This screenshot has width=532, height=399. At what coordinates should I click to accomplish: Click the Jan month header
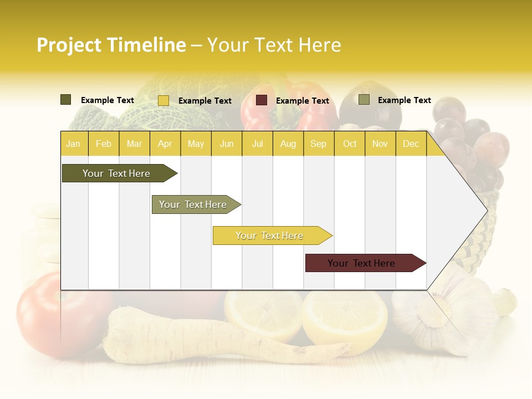click(74, 144)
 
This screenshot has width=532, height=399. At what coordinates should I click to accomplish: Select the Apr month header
click(165, 144)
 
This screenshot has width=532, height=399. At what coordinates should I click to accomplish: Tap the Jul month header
click(257, 144)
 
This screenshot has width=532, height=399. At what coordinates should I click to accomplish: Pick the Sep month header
click(318, 144)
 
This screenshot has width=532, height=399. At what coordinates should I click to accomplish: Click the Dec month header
click(411, 144)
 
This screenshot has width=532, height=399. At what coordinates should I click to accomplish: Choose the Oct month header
click(350, 144)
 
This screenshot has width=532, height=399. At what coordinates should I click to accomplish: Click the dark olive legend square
click(66, 100)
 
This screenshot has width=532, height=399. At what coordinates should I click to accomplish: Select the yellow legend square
click(163, 100)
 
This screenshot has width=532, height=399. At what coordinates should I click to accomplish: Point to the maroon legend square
click(262, 100)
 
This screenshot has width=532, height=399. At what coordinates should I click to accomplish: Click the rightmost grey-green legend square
click(364, 100)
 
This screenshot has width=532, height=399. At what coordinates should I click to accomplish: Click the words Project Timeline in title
click(111, 45)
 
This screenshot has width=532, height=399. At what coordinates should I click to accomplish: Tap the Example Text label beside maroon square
click(303, 101)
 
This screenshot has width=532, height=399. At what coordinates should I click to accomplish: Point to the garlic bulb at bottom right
click(438, 316)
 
